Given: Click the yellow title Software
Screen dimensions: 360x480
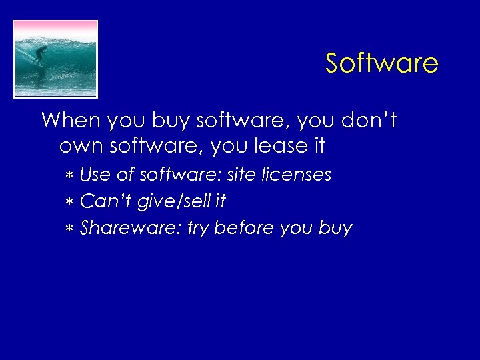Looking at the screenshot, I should click(x=381, y=63).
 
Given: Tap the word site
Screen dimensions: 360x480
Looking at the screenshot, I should click(x=241, y=175).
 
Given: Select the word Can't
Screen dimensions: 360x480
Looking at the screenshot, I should click(x=100, y=201).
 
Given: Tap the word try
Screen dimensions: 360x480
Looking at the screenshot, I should click(x=198, y=229).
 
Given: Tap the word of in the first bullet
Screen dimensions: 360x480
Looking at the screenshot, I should click(x=125, y=175).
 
